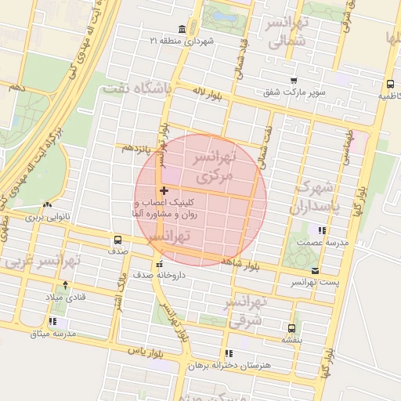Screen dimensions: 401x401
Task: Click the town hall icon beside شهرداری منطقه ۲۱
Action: click(182, 30)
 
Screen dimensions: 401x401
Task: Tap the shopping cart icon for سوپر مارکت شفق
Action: click(293, 81)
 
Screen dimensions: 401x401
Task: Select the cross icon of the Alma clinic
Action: click(163, 190)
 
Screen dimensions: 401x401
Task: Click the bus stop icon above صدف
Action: click(117, 240)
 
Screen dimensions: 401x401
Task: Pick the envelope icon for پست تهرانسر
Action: click(316, 269)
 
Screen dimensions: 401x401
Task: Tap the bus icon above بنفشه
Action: click(292, 328)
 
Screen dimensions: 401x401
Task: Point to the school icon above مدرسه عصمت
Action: click(320, 230)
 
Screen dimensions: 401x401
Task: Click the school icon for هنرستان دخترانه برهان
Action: click(228, 353)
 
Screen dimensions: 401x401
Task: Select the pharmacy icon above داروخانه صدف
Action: click(161, 263)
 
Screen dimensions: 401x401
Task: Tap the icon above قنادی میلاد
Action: click(64, 285)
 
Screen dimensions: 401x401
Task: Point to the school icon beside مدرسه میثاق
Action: click(52, 321)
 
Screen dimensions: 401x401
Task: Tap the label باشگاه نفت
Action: click(137, 91)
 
